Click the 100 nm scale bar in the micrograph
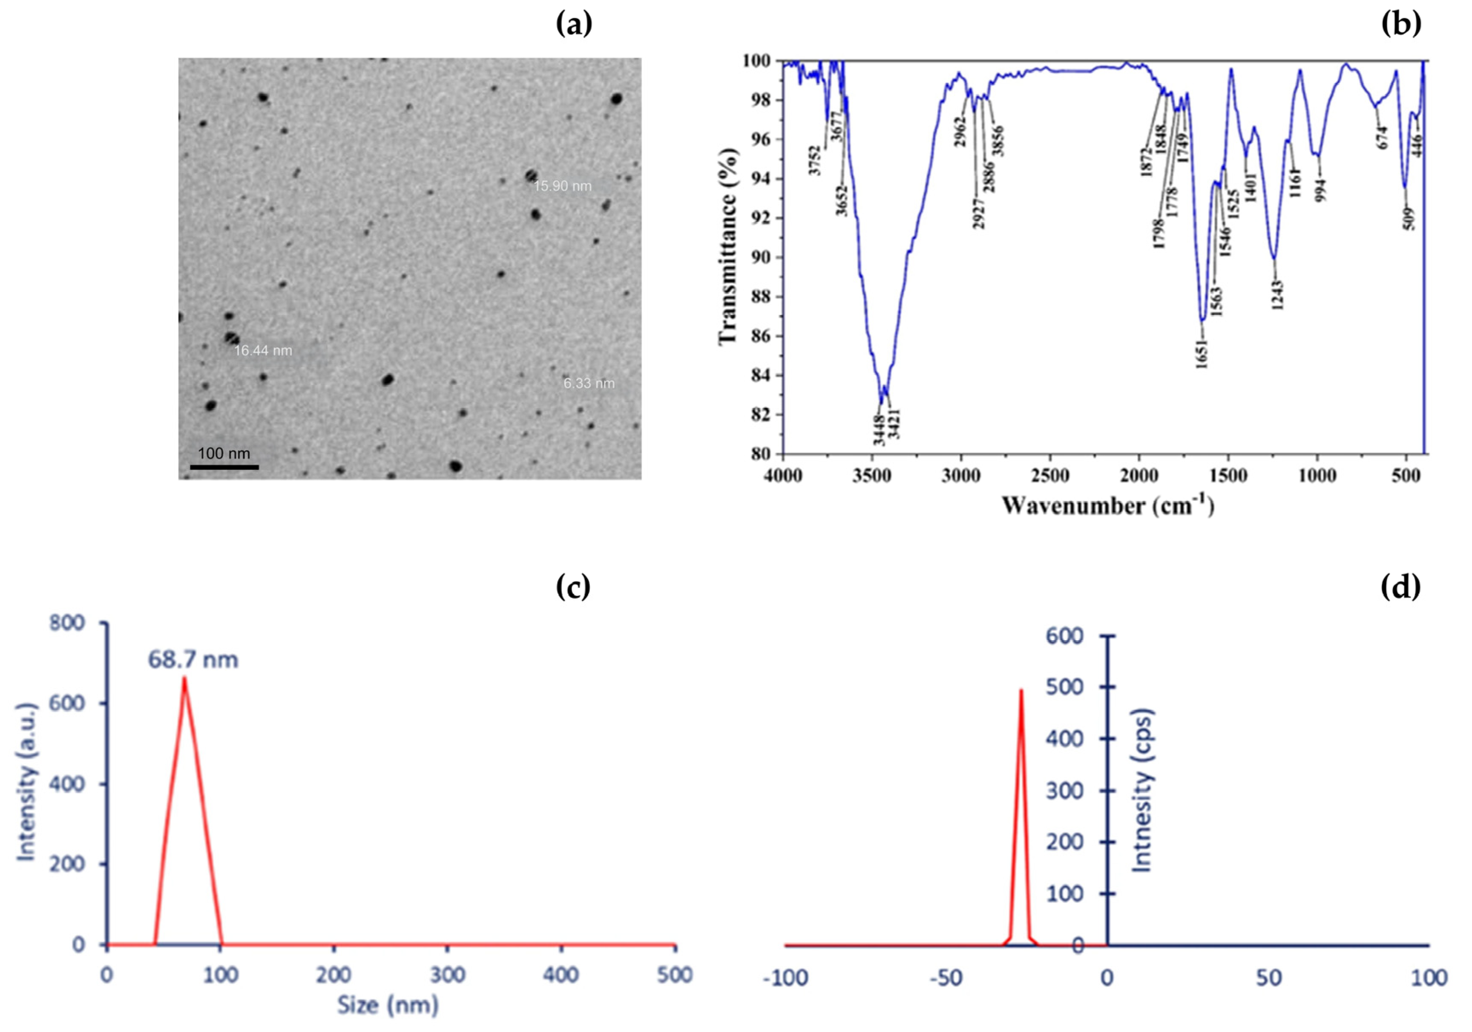224,467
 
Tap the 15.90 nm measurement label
562,187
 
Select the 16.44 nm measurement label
263,351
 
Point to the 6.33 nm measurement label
589,383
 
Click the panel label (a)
574,24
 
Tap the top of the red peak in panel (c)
185,678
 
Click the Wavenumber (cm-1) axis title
1108,505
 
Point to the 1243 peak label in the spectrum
1278,295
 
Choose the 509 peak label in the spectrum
1408,219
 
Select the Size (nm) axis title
388,1004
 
